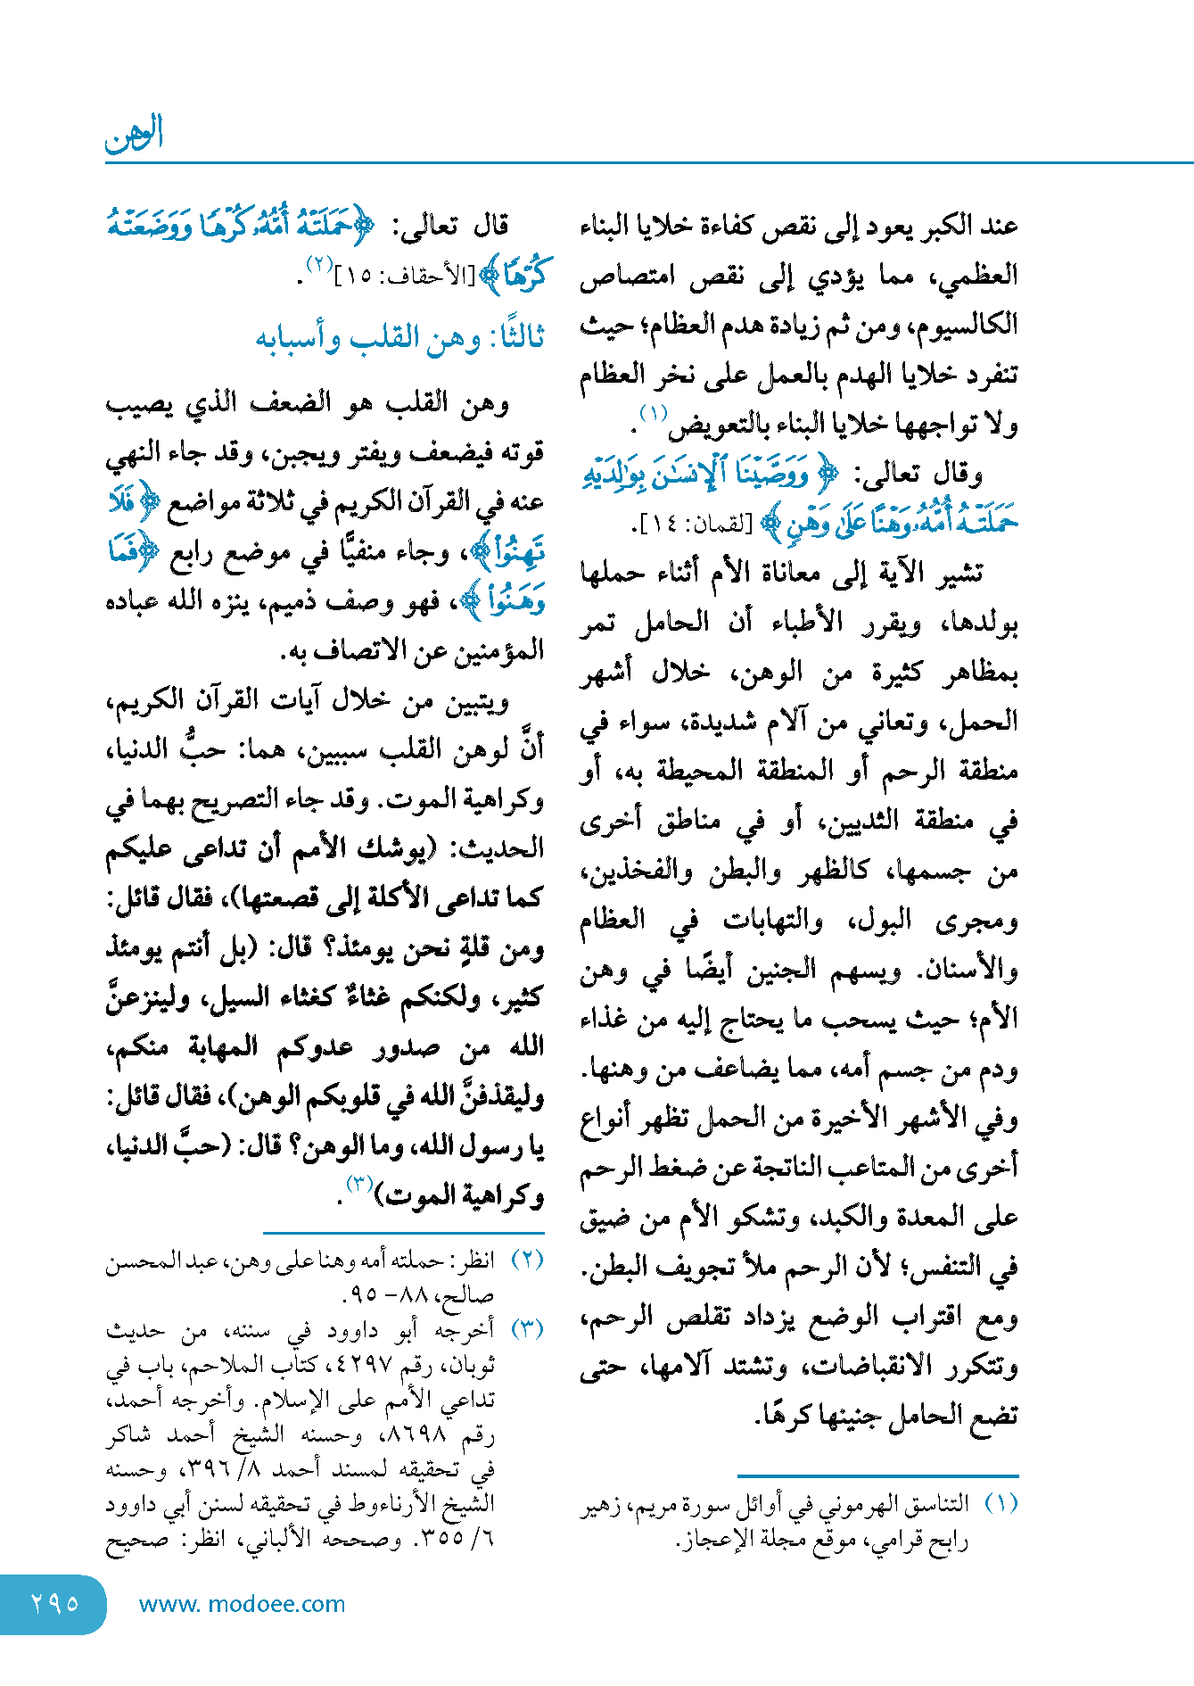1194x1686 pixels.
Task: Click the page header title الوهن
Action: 135,133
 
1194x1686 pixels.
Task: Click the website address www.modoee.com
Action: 242,1604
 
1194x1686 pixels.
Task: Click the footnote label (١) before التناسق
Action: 1000,1504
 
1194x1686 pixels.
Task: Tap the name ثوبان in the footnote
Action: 472,1366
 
